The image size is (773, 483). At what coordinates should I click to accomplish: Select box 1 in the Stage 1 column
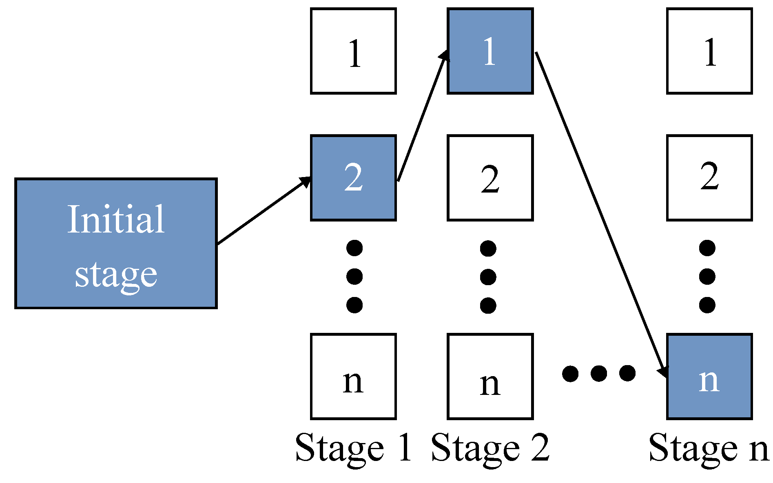tap(353, 51)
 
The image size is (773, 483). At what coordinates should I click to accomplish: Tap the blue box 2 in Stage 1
tap(353, 178)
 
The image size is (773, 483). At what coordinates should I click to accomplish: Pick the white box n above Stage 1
tap(353, 377)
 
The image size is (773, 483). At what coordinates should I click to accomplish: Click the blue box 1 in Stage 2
tap(490, 51)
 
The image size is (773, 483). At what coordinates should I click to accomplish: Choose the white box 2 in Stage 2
tap(490, 178)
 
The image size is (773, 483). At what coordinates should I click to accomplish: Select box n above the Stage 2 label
tap(490, 377)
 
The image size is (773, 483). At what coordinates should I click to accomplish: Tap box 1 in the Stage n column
tap(709, 51)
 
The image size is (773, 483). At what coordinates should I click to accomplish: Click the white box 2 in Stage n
tap(709, 178)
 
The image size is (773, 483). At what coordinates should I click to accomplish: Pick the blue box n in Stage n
tap(709, 377)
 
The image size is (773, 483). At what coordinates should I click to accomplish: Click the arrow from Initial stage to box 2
tap(263, 211)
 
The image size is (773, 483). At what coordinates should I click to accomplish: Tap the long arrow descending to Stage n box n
tap(600, 212)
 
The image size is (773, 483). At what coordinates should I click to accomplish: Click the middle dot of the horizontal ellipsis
tap(599, 373)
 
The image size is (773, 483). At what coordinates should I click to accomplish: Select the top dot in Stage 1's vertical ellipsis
tap(354, 248)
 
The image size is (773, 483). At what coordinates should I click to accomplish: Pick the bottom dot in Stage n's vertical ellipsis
tap(707, 305)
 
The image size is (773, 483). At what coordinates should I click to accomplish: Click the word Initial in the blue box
tap(116, 219)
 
